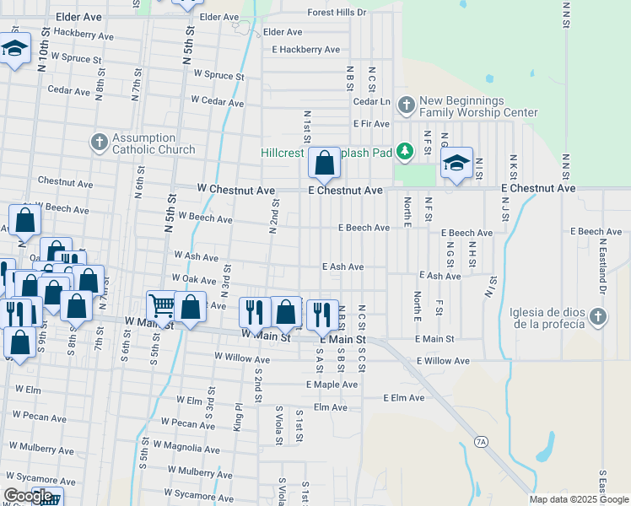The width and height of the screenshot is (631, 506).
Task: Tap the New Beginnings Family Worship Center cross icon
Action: tap(406, 105)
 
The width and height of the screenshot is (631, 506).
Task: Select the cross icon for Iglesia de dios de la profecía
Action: tap(597, 316)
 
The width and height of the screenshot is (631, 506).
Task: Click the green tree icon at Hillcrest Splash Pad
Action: tap(406, 151)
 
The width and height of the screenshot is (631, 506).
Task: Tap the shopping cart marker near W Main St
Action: tap(161, 305)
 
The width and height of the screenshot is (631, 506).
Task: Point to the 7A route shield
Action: tap(481, 441)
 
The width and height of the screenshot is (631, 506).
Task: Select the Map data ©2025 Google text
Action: tap(578, 499)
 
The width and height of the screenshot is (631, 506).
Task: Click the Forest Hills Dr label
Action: tap(337, 13)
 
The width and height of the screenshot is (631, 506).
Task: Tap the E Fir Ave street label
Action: tap(371, 123)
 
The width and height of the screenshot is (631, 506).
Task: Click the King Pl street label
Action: tap(239, 417)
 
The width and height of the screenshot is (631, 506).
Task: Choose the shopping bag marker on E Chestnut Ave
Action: tap(324, 163)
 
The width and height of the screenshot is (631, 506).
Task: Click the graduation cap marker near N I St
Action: tap(456, 163)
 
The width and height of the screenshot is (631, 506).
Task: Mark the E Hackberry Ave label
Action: tap(305, 50)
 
